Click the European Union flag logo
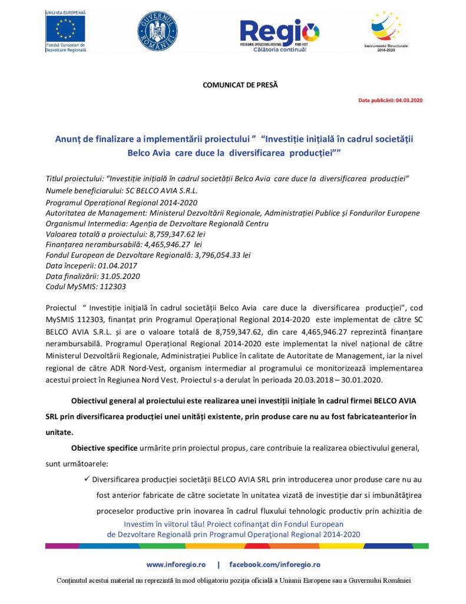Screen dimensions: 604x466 click(x=65, y=27)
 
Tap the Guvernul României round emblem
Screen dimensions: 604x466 click(x=157, y=31)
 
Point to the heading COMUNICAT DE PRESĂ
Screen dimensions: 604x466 click(x=240, y=85)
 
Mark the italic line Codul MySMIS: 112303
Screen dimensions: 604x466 click(x=85, y=287)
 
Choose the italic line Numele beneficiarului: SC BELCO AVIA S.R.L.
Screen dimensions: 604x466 click(x=121, y=191)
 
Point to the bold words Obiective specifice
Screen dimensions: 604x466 click(x=104, y=448)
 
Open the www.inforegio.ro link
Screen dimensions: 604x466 click(x=175, y=564)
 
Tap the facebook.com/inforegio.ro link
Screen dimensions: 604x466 click(x=275, y=564)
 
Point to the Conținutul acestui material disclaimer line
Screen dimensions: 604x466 click(x=233, y=580)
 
